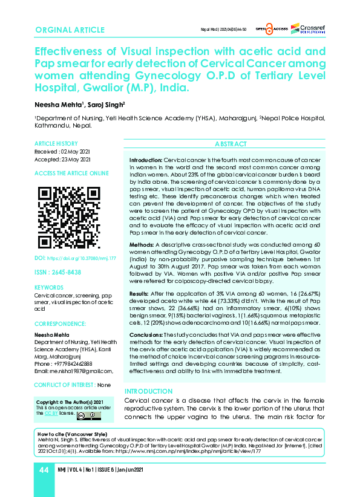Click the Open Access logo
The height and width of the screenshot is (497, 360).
[x=269, y=29]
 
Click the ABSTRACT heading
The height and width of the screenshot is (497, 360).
[x=231, y=144]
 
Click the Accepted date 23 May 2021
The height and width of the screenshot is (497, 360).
[x=62, y=159]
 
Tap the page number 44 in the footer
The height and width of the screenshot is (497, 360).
[x=44, y=470]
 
